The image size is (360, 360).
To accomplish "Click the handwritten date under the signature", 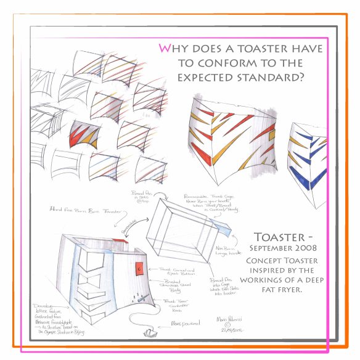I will pos(227,331).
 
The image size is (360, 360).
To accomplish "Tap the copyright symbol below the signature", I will pos(226,325).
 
